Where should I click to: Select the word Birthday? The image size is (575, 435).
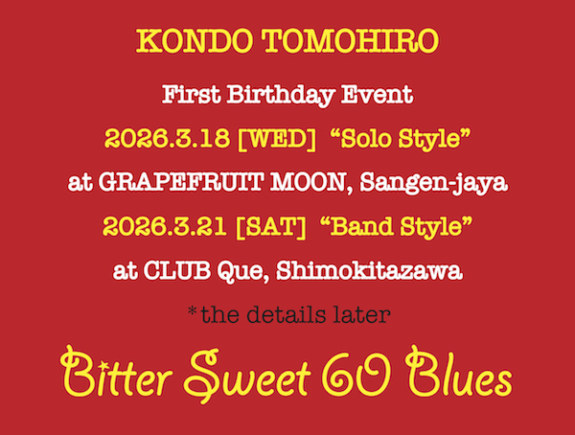(x=280, y=96)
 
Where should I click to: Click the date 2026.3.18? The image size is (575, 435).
(x=167, y=139)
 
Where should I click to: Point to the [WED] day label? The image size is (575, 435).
(x=277, y=139)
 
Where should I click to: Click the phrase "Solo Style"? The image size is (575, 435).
(x=401, y=139)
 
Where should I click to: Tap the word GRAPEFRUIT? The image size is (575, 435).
(x=180, y=182)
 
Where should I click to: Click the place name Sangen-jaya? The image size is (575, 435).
(x=434, y=183)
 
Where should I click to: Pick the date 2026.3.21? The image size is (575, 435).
(x=165, y=226)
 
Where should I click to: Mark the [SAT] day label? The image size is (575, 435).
(x=271, y=227)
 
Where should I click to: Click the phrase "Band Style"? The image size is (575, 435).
(x=396, y=227)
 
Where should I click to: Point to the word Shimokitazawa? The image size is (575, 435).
(x=369, y=271)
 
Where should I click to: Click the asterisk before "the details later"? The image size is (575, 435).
(x=193, y=311)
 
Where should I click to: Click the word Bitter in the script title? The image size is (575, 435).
(x=116, y=373)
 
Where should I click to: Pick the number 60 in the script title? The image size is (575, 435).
(x=357, y=374)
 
